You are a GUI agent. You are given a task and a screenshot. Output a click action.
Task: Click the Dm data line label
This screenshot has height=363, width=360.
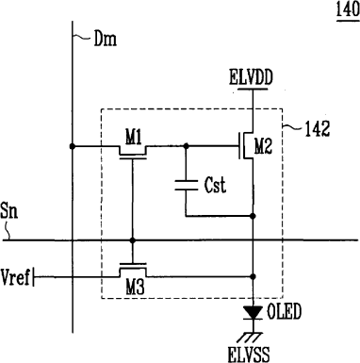[x=106, y=39]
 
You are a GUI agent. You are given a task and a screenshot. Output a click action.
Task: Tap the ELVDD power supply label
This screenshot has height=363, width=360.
[x=251, y=77]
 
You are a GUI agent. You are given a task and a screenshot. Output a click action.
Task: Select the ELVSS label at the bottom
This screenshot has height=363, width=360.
[x=249, y=354]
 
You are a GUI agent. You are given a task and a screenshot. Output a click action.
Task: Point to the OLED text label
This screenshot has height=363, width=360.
[x=284, y=312]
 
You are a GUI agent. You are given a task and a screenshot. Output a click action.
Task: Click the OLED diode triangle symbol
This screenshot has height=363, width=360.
[x=253, y=313]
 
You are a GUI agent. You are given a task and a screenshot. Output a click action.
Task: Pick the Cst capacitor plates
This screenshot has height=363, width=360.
[x=186, y=185]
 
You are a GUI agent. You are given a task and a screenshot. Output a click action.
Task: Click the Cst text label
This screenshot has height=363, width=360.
[x=215, y=185]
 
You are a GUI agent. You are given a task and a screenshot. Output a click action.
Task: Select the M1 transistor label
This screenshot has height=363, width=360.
[x=134, y=138]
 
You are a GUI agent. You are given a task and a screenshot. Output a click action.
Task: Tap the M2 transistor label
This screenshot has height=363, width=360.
[x=263, y=146]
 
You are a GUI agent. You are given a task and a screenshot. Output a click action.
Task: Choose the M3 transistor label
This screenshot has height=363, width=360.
[x=136, y=287]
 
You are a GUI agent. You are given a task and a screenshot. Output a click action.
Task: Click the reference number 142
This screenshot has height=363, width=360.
[x=318, y=129]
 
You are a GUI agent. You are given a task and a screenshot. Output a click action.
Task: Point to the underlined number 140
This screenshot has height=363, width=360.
[x=348, y=9]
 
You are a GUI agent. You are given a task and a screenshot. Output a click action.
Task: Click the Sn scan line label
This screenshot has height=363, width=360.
[x=9, y=210]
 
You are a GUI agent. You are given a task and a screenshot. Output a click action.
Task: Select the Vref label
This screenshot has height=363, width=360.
[x=15, y=277]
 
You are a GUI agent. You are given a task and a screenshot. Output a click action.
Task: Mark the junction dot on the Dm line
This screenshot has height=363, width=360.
[x=73, y=146]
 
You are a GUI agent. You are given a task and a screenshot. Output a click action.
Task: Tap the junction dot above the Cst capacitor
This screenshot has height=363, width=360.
[x=186, y=146]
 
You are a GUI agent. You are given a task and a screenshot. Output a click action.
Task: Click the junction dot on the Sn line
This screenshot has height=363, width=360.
[x=133, y=240]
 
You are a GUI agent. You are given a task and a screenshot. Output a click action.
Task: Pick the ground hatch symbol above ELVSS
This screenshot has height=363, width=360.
[x=250, y=338]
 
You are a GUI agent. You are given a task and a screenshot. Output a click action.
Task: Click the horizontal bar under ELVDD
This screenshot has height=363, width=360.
[x=253, y=89]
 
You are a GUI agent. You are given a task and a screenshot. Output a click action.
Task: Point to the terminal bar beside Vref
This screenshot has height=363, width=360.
[x=33, y=277]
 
